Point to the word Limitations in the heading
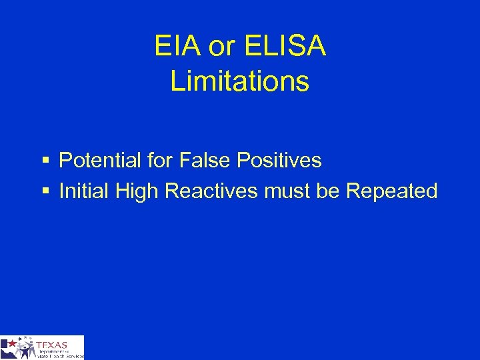[240, 81]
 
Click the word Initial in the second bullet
[84, 191]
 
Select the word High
[137, 191]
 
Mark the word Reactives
[211, 191]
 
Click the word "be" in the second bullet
[328, 191]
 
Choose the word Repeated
[392, 191]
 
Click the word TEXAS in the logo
[53, 345]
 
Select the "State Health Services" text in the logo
[60, 356]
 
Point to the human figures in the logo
[25, 349]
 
